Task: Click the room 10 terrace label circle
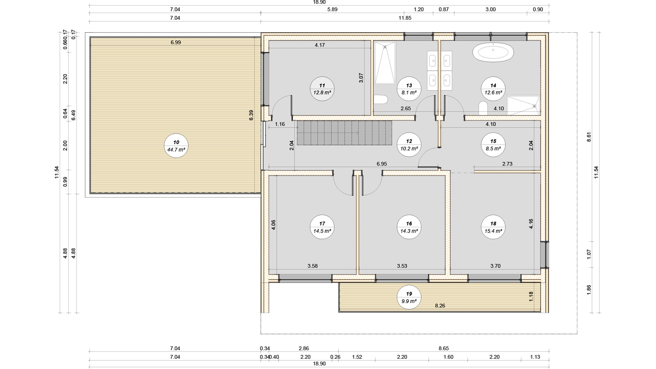tap(176, 146)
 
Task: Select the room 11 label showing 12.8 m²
tap(322, 89)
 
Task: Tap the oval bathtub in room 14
tap(493, 52)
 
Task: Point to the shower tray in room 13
tap(385, 63)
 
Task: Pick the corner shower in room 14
tap(523, 106)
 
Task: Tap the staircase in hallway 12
tap(344, 133)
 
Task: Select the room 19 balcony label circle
tap(409, 297)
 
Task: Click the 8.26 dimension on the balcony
tap(440, 306)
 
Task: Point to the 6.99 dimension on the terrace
tap(176, 43)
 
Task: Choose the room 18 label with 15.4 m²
tap(493, 227)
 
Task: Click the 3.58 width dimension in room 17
tap(312, 266)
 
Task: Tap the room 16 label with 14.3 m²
tap(409, 227)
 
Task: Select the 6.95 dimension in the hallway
tap(382, 164)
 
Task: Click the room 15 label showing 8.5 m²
tap(493, 145)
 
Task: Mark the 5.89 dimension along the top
tap(332, 9)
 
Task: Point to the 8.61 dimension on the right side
tap(589, 137)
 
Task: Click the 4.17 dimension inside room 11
tap(320, 45)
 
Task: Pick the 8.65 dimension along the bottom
tap(444, 348)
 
